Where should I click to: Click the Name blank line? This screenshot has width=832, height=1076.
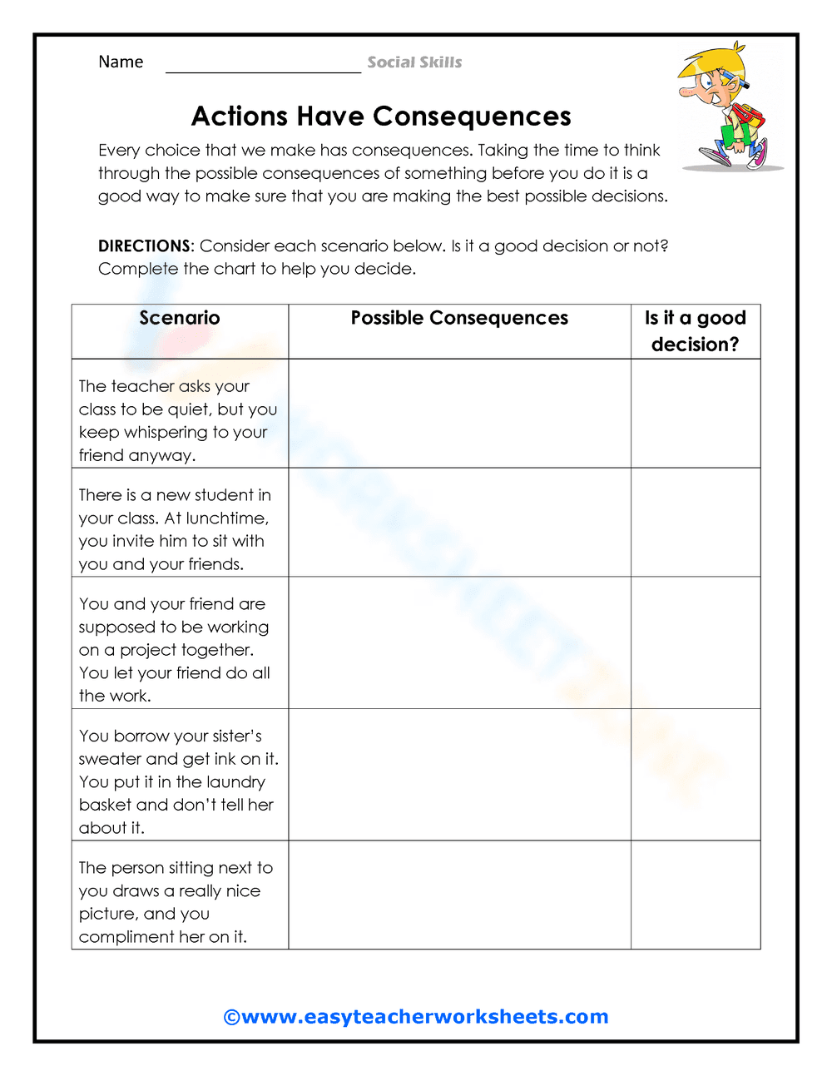coord(263,67)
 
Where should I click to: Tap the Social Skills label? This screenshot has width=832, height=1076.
coord(414,62)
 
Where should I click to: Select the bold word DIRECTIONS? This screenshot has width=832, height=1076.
coord(144,246)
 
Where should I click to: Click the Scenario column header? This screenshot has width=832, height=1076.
coord(180,318)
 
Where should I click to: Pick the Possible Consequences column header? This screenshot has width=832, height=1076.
coord(459,318)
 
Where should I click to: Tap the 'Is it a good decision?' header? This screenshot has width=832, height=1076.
coord(696,331)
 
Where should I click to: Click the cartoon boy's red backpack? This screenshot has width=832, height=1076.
coord(749,117)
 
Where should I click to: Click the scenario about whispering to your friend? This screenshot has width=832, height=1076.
coord(178,421)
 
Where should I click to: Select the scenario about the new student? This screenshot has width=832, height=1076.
coord(175,529)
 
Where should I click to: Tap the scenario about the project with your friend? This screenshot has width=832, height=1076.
coord(175,650)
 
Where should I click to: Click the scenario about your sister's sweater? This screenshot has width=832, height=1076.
coord(178,781)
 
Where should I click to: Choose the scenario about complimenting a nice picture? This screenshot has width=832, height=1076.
coord(175,902)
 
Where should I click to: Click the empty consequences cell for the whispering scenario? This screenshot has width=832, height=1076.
coord(459,414)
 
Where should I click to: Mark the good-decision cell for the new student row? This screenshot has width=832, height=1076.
coord(696,523)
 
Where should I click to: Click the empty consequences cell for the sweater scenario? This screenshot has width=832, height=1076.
coord(459,775)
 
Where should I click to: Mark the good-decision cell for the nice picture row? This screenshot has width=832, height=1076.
coord(696,895)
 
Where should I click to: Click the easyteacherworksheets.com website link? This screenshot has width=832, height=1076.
coord(416,1017)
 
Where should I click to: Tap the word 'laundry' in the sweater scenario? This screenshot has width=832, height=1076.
coord(235,782)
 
